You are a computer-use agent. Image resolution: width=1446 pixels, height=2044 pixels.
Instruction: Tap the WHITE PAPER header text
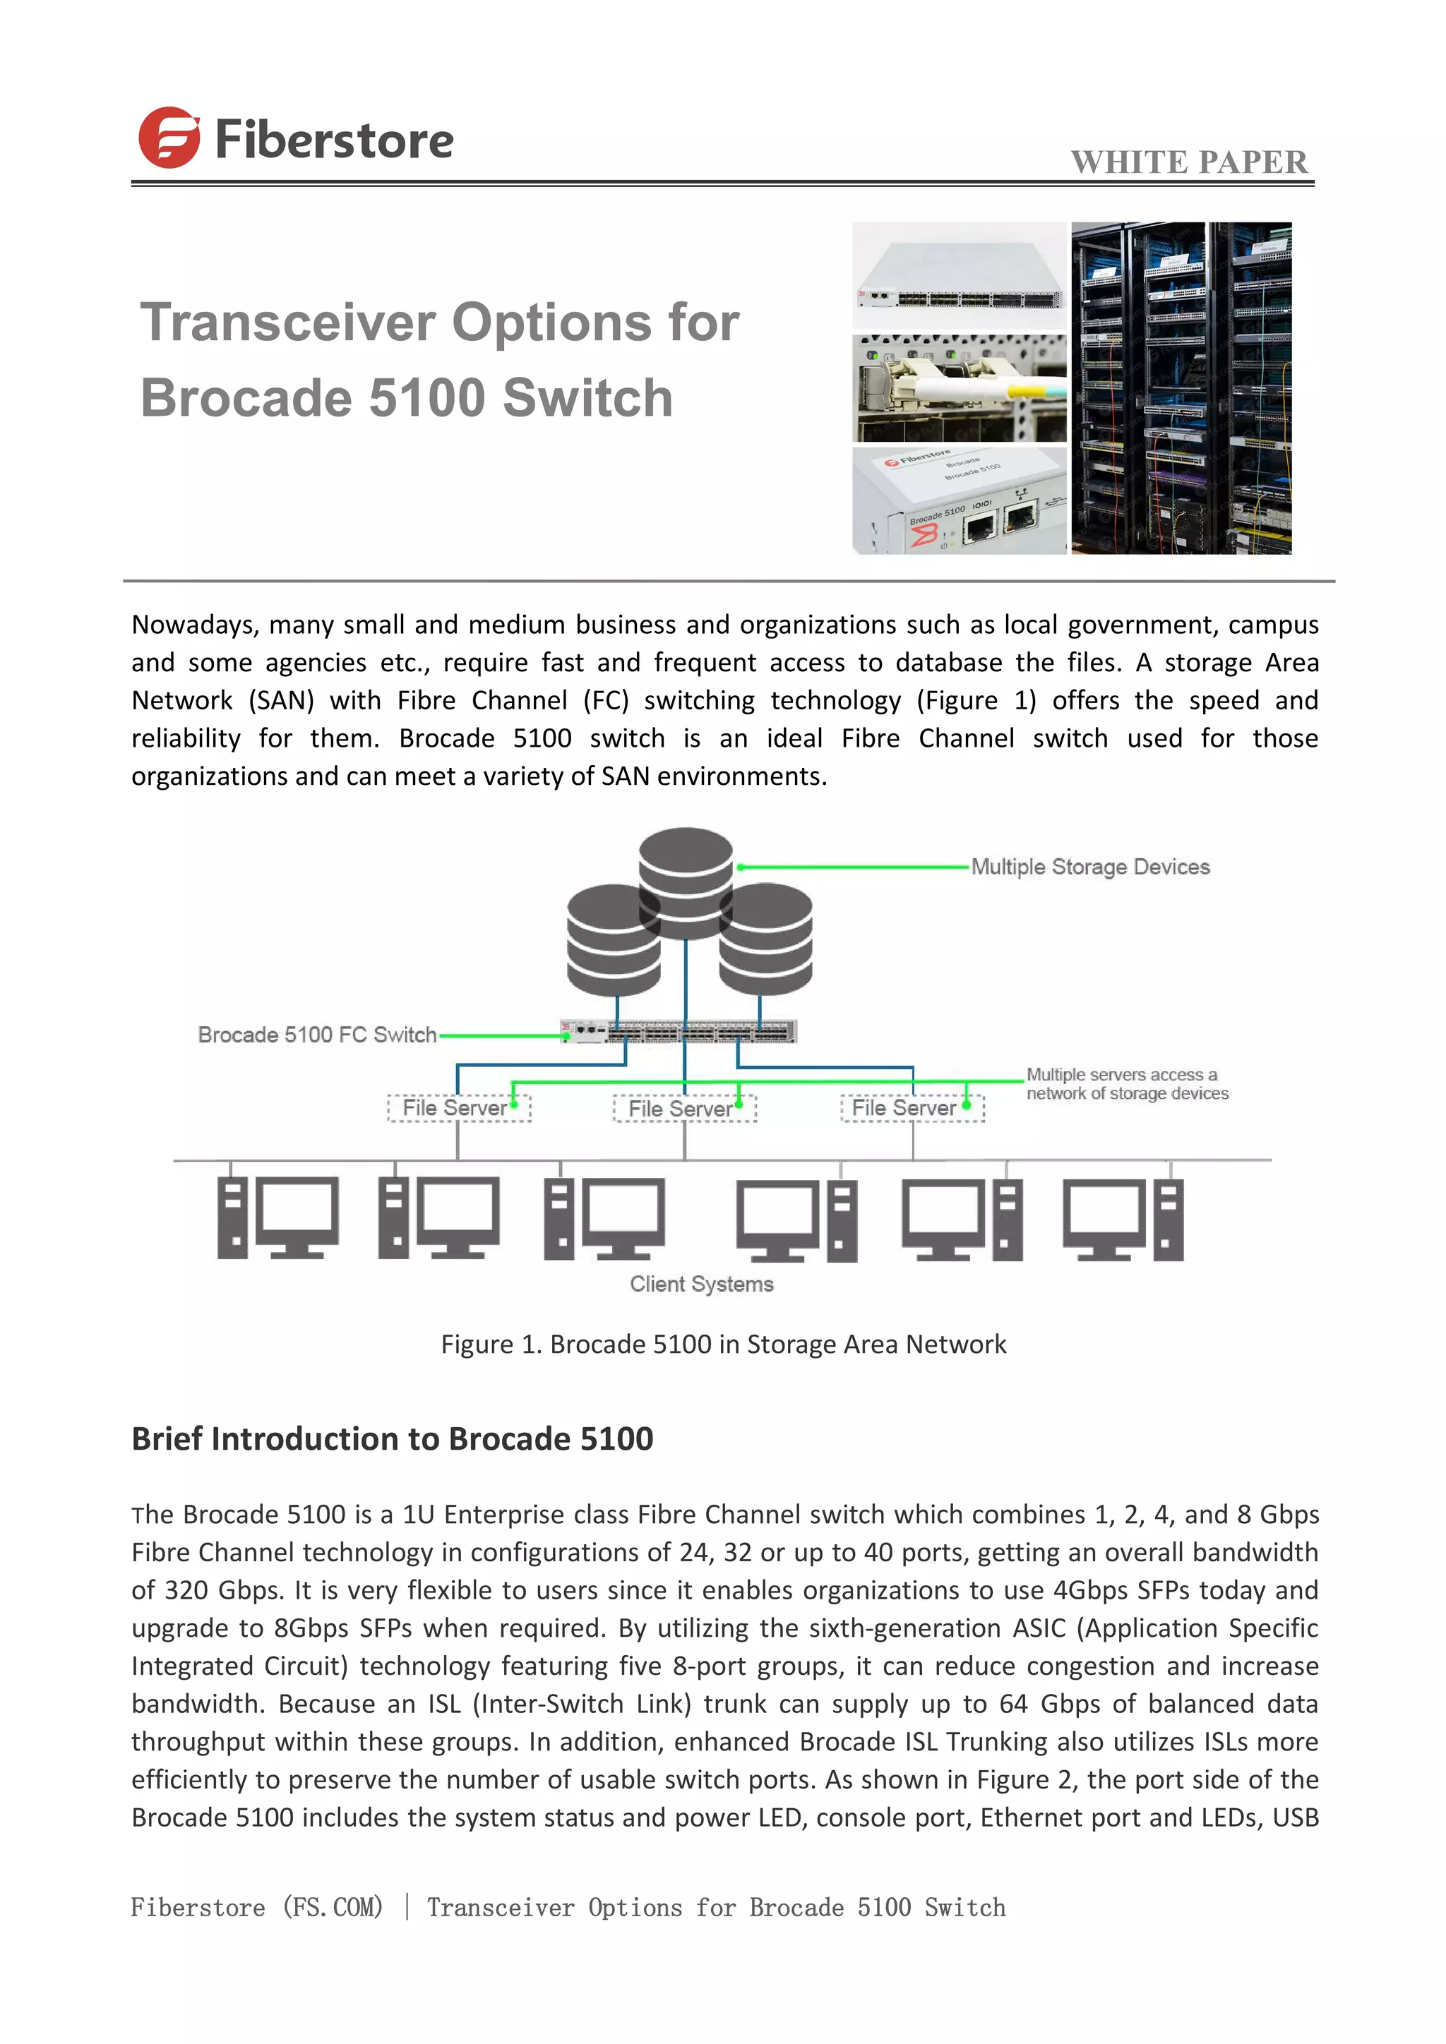[1189, 162]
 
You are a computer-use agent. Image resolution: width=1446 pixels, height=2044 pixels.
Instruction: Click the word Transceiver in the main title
[287, 323]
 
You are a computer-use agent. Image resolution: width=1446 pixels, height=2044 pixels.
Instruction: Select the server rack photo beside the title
[1181, 388]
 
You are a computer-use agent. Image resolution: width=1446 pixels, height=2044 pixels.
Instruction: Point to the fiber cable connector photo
[959, 389]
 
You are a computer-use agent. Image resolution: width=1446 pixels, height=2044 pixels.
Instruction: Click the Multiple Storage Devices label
[1090, 867]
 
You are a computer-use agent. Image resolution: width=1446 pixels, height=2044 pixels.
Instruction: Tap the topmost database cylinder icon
[686, 882]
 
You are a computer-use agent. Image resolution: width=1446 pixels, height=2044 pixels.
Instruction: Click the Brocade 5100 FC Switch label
[317, 1035]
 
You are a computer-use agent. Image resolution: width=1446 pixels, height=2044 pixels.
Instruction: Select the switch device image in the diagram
[679, 1032]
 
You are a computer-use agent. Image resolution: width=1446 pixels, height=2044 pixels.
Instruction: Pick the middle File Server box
[684, 1108]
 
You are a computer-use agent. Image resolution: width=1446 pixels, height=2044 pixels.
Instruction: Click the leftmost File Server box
[458, 1108]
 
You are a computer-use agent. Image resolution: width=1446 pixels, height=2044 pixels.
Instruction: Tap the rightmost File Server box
[913, 1108]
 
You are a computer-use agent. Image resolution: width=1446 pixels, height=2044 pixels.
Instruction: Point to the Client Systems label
[702, 1284]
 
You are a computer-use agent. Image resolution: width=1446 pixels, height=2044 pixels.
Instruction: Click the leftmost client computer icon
[277, 1217]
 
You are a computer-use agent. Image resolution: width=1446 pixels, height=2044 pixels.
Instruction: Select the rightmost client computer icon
[1123, 1219]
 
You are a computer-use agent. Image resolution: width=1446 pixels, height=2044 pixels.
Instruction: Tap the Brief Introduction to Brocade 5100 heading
[392, 1438]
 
